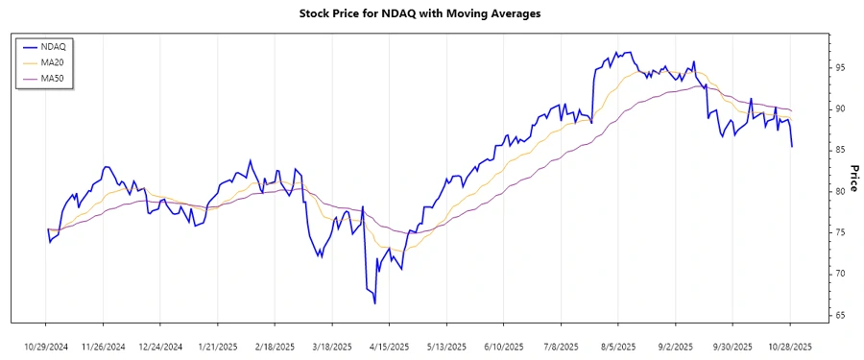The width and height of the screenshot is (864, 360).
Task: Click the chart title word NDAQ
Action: coord(408,14)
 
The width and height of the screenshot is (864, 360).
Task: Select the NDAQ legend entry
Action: coord(54,46)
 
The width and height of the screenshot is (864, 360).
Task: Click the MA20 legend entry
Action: coord(54,62)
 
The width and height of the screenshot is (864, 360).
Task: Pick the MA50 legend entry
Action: coord(54,78)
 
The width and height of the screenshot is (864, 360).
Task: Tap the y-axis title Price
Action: coord(852,178)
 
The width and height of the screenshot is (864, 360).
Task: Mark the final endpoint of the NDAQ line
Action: coord(791,147)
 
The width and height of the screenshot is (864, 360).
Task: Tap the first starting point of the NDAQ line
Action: coord(47,228)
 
